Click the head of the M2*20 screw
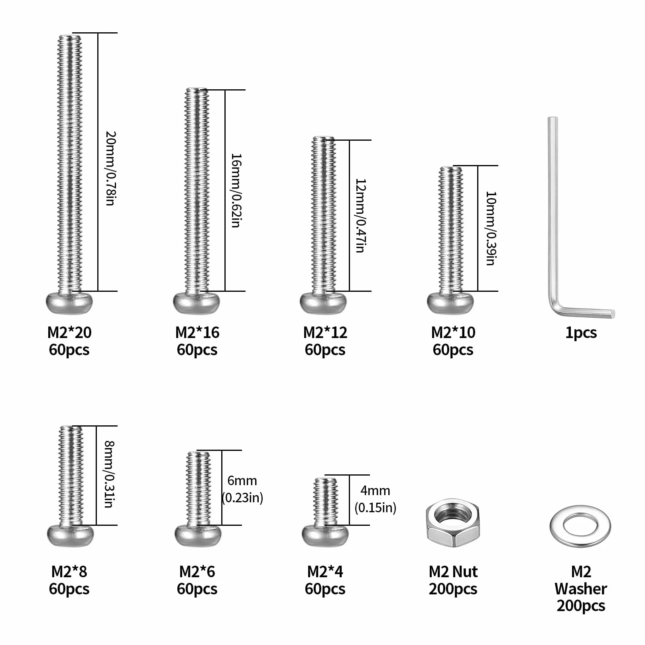[x=69, y=303]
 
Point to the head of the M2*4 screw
[x=325, y=535]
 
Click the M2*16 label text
[x=197, y=332]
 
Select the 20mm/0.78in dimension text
[x=110, y=168]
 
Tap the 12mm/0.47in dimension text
[x=360, y=216]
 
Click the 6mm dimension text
[x=242, y=481]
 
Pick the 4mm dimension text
[x=375, y=491]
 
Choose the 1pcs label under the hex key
[x=581, y=333]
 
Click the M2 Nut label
[x=453, y=572]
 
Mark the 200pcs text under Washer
[x=581, y=606]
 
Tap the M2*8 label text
[x=69, y=572]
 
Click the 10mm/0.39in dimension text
[x=490, y=228]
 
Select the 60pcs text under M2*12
[x=325, y=350]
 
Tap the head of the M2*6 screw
[x=198, y=535]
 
